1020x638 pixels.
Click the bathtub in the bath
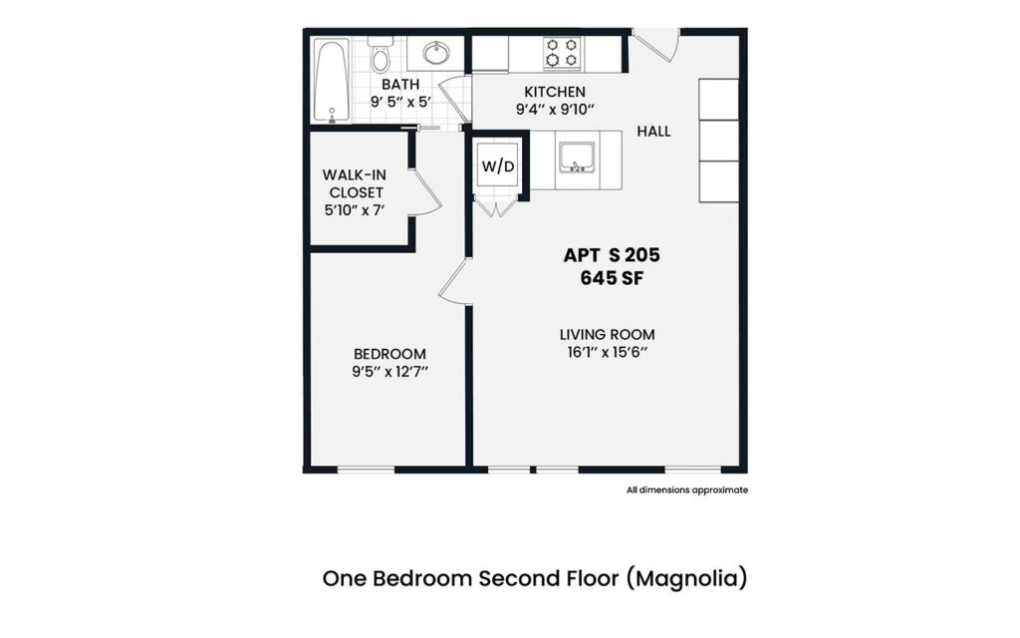coord(331,80)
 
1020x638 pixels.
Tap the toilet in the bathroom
coord(380,57)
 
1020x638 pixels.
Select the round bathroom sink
coord(435,53)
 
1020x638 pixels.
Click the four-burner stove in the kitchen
coord(562,53)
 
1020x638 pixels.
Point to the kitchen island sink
coord(577,157)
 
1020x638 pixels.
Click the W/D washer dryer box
coord(498,165)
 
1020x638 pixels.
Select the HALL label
coord(653,132)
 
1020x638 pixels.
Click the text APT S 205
coord(612,255)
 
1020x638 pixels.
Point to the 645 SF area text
coord(612,278)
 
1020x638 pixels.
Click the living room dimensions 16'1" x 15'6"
coord(607,353)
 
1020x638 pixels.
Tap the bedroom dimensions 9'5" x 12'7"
coord(389,372)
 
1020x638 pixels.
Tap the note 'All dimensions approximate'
coord(686,489)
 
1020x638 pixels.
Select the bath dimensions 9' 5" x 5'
coord(400,102)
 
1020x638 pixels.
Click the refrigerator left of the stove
coord(490,54)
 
